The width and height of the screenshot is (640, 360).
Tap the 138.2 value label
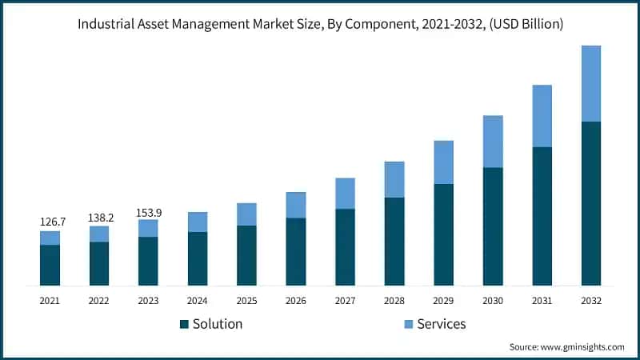pyautogui.click(x=99, y=217)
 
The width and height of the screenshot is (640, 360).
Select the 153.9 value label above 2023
pyautogui.click(x=148, y=211)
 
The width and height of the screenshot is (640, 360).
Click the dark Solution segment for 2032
pyautogui.click(x=591, y=203)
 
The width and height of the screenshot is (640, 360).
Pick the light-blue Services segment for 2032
pyautogui.click(x=591, y=83)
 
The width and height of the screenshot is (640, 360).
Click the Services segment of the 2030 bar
pyautogui.click(x=493, y=141)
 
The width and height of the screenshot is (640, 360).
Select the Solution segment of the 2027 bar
pyautogui.click(x=345, y=247)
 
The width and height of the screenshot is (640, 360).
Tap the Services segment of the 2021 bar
pyautogui.click(x=50, y=238)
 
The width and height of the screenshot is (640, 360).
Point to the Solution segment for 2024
pyautogui.click(x=198, y=258)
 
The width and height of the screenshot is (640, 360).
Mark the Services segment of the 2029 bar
pyautogui.click(x=444, y=162)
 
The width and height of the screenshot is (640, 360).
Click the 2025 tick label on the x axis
pyautogui.click(x=246, y=301)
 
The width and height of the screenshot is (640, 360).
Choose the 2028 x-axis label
pyautogui.click(x=394, y=301)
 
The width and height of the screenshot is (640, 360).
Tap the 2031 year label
pyautogui.click(x=542, y=301)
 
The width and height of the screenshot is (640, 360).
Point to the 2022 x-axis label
pyautogui.click(x=99, y=301)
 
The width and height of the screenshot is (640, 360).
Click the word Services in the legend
pyautogui.click(x=441, y=324)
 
